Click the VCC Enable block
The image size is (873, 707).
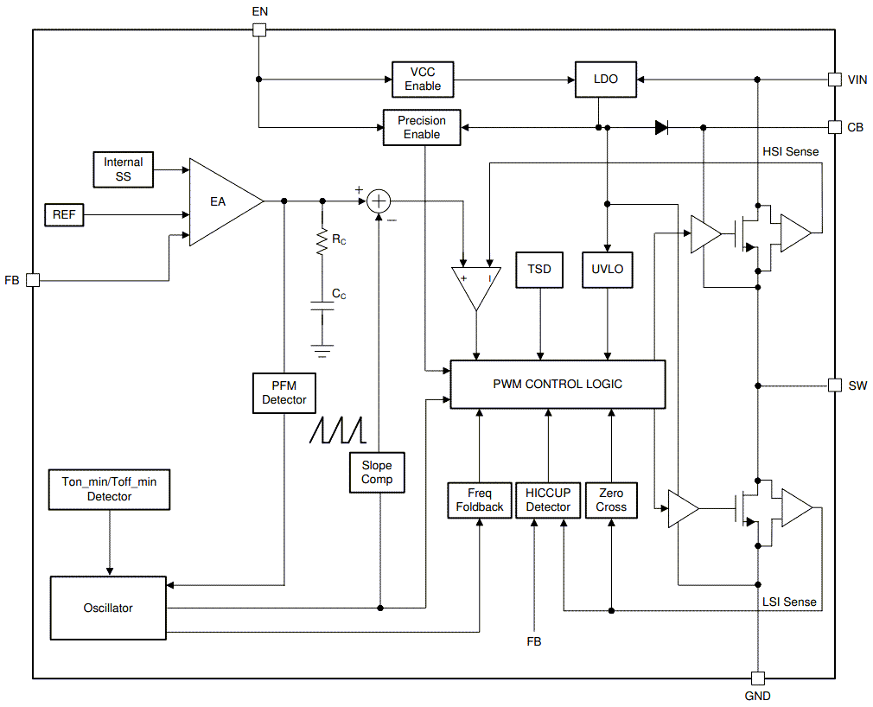pyautogui.click(x=422, y=80)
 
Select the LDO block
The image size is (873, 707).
pyautogui.click(x=605, y=80)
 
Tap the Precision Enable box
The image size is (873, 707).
pyautogui.click(x=422, y=128)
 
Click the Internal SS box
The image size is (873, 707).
pyautogui.click(x=124, y=169)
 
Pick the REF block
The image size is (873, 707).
pyautogui.click(x=64, y=214)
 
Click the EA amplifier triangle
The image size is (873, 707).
pyautogui.click(x=220, y=201)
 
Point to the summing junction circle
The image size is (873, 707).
pyautogui.click(x=379, y=201)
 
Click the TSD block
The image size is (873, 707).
pyautogui.click(x=540, y=269)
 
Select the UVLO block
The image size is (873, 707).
pyautogui.click(x=608, y=269)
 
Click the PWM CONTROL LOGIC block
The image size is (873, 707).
pyautogui.click(x=558, y=384)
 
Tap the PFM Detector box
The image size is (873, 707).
pyautogui.click(x=284, y=393)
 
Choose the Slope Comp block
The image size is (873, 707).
pyautogui.click(x=377, y=473)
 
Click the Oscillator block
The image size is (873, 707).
pyautogui.click(x=108, y=608)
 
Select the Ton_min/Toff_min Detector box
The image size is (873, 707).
pyautogui.click(x=109, y=490)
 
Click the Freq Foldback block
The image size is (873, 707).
pyautogui.click(x=479, y=500)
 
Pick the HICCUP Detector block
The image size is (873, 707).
pyautogui.click(x=548, y=500)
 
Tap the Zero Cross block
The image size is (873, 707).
pyautogui.click(x=611, y=500)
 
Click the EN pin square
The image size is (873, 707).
pyautogui.click(x=258, y=30)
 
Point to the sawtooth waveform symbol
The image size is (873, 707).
pyautogui.click(x=338, y=430)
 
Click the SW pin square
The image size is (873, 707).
pyautogui.click(x=834, y=385)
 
